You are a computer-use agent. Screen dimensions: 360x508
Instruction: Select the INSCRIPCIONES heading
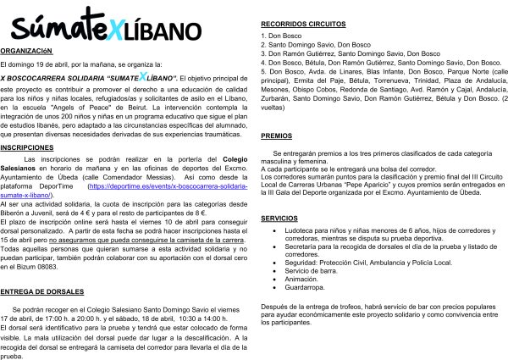(28, 147)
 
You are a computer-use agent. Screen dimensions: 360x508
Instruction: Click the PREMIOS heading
(277, 136)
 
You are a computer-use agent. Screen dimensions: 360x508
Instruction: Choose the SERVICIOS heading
(279, 218)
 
